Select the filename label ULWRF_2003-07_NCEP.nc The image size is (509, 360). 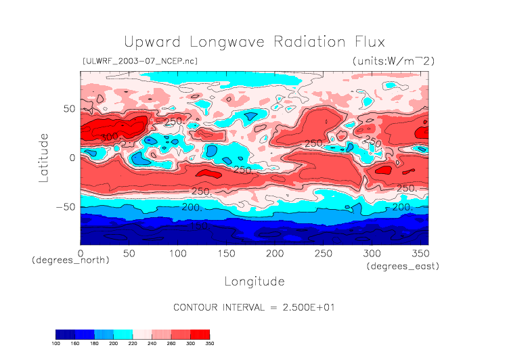(x=139, y=61)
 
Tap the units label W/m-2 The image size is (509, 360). (x=393, y=61)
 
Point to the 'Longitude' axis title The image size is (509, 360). (x=254, y=280)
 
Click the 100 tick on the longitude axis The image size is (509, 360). (x=177, y=252)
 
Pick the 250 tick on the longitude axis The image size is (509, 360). (x=323, y=252)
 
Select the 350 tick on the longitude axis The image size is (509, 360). (x=420, y=252)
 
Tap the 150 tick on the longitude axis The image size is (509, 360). (x=226, y=252)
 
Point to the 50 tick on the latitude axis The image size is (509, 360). (x=68, y=108)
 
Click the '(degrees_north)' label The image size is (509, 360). (x=70, y=260)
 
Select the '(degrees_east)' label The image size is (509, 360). (x=403, y=267)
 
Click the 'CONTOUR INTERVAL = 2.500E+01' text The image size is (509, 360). (x=254, y=307)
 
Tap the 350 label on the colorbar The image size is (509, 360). (x=209, y=343)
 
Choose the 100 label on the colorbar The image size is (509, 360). (x=56, y=343)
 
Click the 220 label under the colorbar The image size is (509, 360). (x=133, y=343)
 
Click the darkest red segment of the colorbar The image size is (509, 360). (x=200, y=334)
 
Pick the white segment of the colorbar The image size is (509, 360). (x=142, y=334)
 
